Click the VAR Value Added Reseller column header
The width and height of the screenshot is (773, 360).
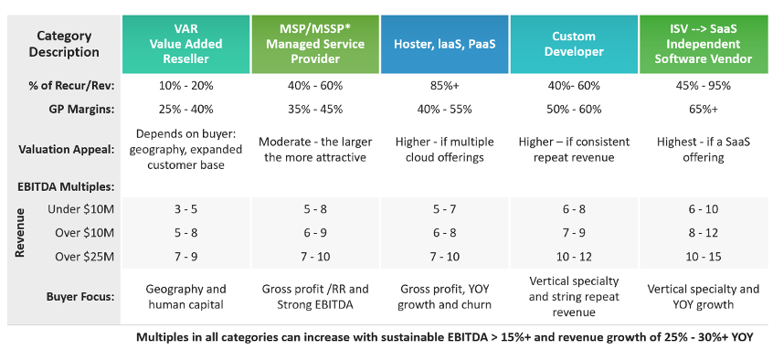(185, 44)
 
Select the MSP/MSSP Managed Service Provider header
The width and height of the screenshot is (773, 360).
(315, 44)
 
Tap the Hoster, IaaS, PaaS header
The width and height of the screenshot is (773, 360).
(445, 44)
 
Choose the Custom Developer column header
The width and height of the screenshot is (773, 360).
(574, 44)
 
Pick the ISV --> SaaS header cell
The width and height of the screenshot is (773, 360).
(704, 44)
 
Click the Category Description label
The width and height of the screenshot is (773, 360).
(64, 44)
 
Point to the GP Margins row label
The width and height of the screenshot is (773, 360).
(85, 110)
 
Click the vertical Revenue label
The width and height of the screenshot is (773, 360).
(20, 233)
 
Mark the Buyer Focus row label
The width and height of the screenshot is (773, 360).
(80, 297)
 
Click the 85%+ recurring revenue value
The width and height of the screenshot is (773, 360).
(445, 85)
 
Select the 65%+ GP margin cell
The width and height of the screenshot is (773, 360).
(704, 110)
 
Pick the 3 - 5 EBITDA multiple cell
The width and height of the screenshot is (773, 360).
(185, 209)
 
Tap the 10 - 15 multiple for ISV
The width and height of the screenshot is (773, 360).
(704, 257)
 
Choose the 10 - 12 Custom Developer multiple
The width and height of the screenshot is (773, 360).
(574, 257)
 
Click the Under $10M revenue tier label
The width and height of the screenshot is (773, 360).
(80, 209)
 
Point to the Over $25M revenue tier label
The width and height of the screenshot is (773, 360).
(84, 257)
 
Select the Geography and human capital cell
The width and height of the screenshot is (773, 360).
(185, 297)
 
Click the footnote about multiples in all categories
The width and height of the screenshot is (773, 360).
(445, 338)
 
